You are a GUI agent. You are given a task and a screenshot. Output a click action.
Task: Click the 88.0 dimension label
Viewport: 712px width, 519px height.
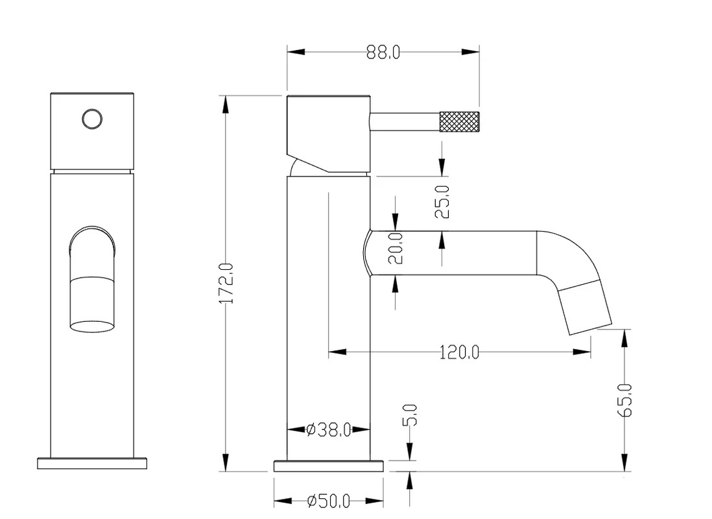coord(383,53)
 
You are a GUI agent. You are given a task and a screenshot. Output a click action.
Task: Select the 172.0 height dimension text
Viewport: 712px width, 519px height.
coord(226,284)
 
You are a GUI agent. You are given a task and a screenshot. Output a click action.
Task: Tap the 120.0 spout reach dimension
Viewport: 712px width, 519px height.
coord(459,352)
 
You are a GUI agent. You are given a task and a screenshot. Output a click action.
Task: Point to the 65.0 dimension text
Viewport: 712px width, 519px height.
coord(625,400)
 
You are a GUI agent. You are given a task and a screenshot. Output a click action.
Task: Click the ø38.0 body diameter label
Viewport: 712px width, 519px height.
coord(328,429)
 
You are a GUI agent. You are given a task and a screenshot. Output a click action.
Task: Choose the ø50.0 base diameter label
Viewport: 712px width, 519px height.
coord(328,501)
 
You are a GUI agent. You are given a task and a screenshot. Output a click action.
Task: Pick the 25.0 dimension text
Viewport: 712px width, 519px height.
coord(442,202)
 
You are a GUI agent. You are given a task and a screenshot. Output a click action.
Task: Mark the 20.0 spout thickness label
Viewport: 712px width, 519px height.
coord(396,248)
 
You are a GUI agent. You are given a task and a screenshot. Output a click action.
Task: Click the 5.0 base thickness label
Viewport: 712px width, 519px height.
coord(410,415)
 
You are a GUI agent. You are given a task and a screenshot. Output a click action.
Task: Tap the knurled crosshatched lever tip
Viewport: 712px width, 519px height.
coord(459,122)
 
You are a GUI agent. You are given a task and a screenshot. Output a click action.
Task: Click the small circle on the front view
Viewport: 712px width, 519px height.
coord(92,119)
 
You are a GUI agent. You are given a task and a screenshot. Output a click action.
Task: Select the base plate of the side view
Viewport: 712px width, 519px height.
coord(328,466)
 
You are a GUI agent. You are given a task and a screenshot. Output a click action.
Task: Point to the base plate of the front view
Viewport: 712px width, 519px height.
coord(92,463)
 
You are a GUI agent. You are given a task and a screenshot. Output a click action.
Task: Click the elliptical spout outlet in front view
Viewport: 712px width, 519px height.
coord(92,326)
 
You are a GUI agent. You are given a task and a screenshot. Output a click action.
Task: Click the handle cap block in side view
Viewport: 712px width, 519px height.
coord(328,134)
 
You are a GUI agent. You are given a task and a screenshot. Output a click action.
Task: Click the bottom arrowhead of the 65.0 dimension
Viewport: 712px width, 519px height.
coord(625,462)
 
